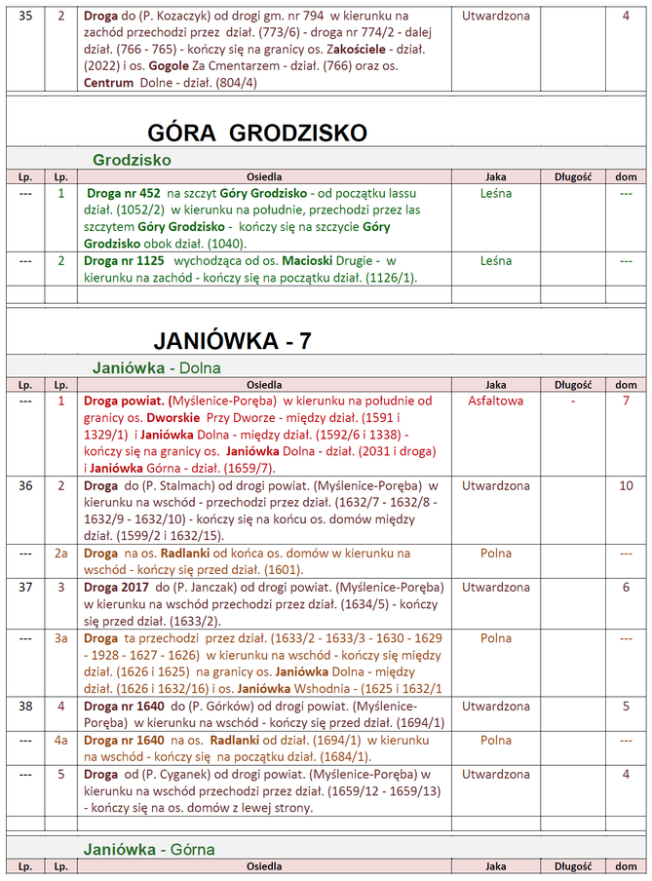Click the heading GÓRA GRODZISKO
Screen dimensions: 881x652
click(257, 133)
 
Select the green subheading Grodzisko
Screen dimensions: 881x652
click(133, 159)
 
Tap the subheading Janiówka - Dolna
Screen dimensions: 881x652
click(157, 367)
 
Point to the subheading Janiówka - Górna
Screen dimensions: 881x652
click(149, 849)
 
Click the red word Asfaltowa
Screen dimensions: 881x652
click(495, 401)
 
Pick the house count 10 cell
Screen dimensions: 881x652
click(626, 485)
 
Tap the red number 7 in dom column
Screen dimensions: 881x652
click(626, 401)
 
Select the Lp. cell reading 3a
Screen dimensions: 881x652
click(60, 638)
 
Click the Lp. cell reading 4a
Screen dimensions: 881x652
click(60, 740)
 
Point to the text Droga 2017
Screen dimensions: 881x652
click(116, 588)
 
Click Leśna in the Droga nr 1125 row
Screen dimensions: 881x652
click(495, 261)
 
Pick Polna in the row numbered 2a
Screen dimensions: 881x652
click(495, 554)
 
